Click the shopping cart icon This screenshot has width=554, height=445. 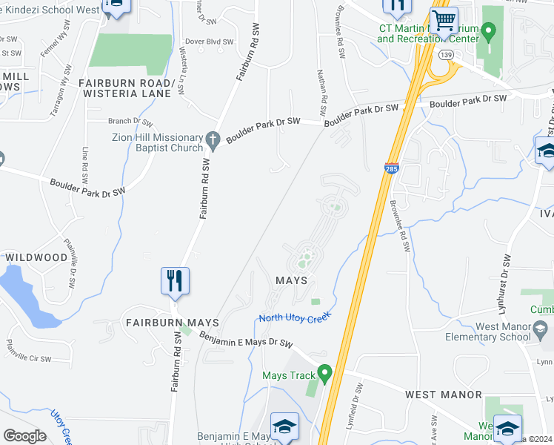[444, 20]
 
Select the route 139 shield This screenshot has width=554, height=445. [445, 55]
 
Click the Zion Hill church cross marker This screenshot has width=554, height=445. [213, 139]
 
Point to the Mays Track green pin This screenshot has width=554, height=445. [323, 371]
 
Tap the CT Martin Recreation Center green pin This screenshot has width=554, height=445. [487, 32]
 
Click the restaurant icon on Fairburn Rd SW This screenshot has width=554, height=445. [176, 281]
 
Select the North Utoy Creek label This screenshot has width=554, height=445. [293, 318]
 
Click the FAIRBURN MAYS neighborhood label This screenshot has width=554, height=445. [172, 323]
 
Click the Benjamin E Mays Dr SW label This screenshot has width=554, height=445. [246, 339]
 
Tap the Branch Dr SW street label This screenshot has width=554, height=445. [130, 121]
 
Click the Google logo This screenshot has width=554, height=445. [24, 436]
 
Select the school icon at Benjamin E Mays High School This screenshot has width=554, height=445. [284, 426]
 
